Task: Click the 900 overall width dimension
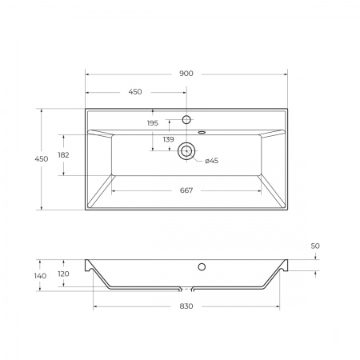point(186,74)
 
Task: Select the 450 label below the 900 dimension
point(135,92)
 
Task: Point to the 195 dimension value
point(152,123)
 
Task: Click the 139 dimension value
point(168,140)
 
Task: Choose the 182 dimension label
point(64,155)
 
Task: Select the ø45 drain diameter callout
point(211,161)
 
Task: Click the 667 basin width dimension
point(186,190)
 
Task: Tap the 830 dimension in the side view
point(186,307)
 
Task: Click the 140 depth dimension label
point(41,275)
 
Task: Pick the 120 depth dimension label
point(64,272)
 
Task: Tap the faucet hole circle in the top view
point(186,120)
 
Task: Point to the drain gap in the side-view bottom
point(186,289)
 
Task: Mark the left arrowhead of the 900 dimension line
point(88,74)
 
